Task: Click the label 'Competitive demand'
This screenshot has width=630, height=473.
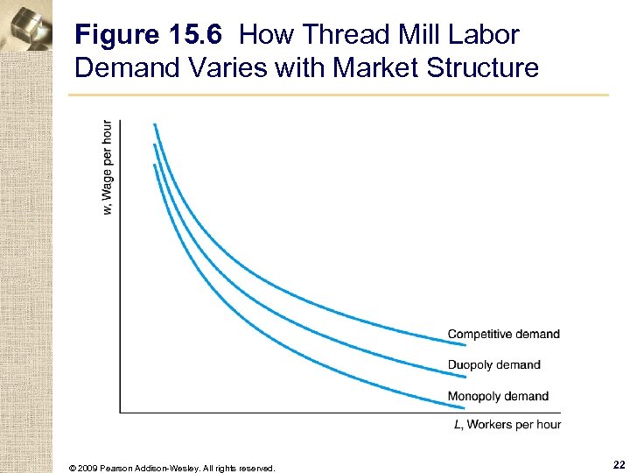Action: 503,334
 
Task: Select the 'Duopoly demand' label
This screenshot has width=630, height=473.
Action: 493,365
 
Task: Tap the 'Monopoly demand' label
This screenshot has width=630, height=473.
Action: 498,397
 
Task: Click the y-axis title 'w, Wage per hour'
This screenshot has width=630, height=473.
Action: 107,166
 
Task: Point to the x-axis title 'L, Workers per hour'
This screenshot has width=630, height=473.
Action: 507,425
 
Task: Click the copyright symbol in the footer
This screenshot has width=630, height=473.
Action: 72,469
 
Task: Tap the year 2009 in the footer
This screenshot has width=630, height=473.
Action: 89,469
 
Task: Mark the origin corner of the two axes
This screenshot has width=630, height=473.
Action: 120,413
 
